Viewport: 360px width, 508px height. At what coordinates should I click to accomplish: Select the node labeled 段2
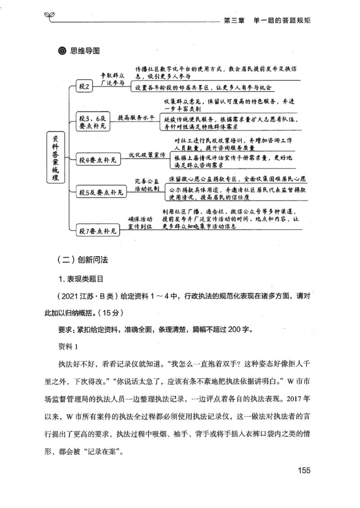(85, 87)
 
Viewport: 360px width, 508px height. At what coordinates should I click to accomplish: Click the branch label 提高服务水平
(136, 118)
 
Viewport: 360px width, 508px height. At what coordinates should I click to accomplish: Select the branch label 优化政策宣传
(147, 154)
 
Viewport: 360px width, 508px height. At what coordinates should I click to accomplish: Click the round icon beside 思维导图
(62, 50)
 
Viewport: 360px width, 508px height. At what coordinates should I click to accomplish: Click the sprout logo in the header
(49, 17)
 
